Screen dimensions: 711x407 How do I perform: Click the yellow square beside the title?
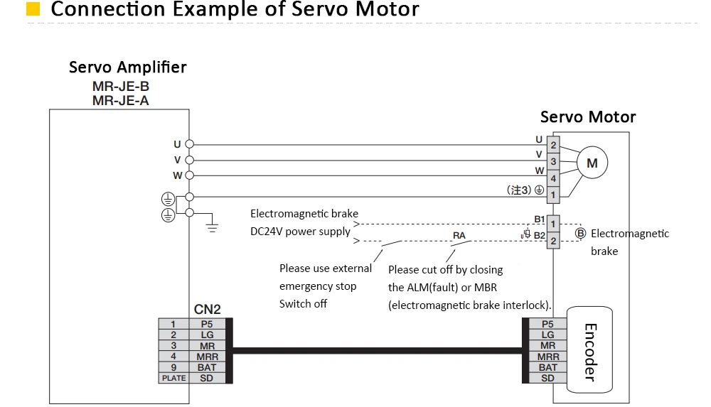pyautogui.click(x=33, y=9)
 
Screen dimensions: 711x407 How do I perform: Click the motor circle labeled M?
pyautogui.click(x=592, y=163)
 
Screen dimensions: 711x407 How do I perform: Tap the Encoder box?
pyautogui.click(x=589, y=350)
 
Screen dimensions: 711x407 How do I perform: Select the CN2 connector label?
pyautogui.click(x=207, y=309)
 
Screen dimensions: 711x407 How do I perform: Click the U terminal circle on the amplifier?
pyautogui.click(x=190, y=144)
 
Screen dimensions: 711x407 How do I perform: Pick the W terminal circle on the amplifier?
pyautogui.click(x=190, y=175)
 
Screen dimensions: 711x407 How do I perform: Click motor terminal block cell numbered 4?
pyautogui.click(x=553, y=178)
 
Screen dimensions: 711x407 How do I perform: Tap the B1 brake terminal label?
pyautogui.click(x=539, y=219)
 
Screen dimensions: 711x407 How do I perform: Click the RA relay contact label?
pyautogui.click(x=459, y=235)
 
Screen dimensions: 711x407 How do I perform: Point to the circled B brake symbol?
pyautogui.click(x=580, y=234)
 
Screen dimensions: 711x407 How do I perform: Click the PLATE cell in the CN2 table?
pyautogui.click(x=174, y=378)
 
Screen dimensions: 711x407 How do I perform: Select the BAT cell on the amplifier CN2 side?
pyautogui.click(x=207, y=367)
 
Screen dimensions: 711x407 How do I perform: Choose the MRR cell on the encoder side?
pyautogui.click(x=547, y=357)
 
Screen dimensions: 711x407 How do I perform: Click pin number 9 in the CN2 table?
pyautogui.click(x=174, y=367)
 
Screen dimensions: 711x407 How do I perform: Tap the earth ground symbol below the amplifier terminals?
pyautogui.click(x=212, y=227)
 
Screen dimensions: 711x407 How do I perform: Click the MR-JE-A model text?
pyautogui.click(x=121, y=101)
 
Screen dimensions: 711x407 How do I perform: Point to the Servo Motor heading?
pyautogui.click(x=588, y=117)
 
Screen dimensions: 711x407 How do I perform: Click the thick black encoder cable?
pyautogui.click(x=378, y=350)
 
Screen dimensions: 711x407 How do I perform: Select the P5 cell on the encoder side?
pyautogui.click(x=547, y=324)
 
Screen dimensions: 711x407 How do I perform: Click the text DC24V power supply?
pyautogui.click(x=300, y=231)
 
